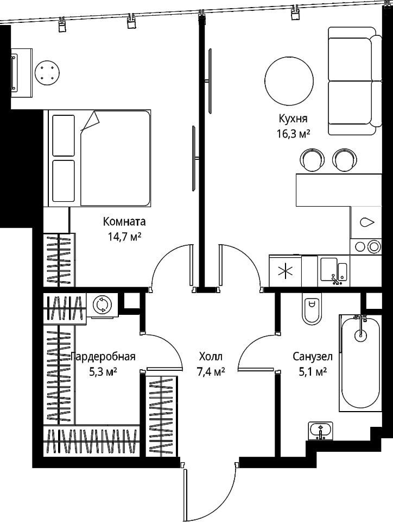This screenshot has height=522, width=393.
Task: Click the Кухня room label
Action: coord(293,119)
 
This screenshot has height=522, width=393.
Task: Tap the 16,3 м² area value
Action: coord(293,134)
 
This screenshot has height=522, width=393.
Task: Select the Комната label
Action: coord(124,221)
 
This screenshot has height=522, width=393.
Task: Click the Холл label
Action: coord(211,357)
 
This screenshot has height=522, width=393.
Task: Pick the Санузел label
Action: coord(313,357)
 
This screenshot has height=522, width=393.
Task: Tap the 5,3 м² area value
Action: coord(103,371)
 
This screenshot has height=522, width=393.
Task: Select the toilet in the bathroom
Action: coord(312,308)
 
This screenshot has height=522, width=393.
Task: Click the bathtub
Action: coord(360,363)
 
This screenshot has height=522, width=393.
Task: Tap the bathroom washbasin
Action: coord(320,431)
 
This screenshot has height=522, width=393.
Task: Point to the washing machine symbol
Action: coord(102,304)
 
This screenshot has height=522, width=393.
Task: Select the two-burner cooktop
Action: coord(366,247)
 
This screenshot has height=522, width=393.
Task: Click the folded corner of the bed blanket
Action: coord(91,121)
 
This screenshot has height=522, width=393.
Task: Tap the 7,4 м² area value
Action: coord(211,371)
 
